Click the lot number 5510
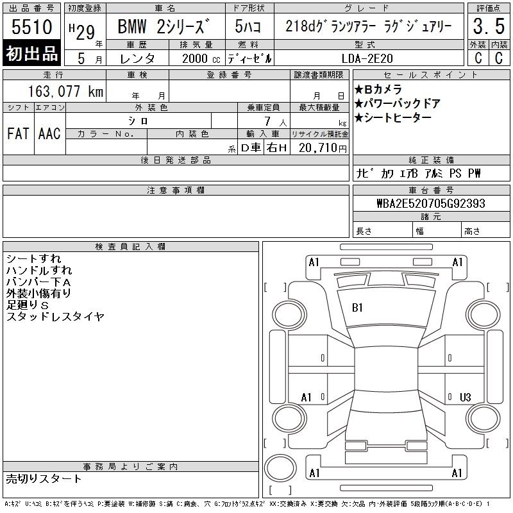(31, 26)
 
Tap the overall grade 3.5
(489, 26)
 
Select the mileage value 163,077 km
(65, 91)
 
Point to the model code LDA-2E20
(367, 58)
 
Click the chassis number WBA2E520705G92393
(431, 203)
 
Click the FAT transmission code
(18, 133)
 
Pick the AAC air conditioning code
(49, 133)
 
